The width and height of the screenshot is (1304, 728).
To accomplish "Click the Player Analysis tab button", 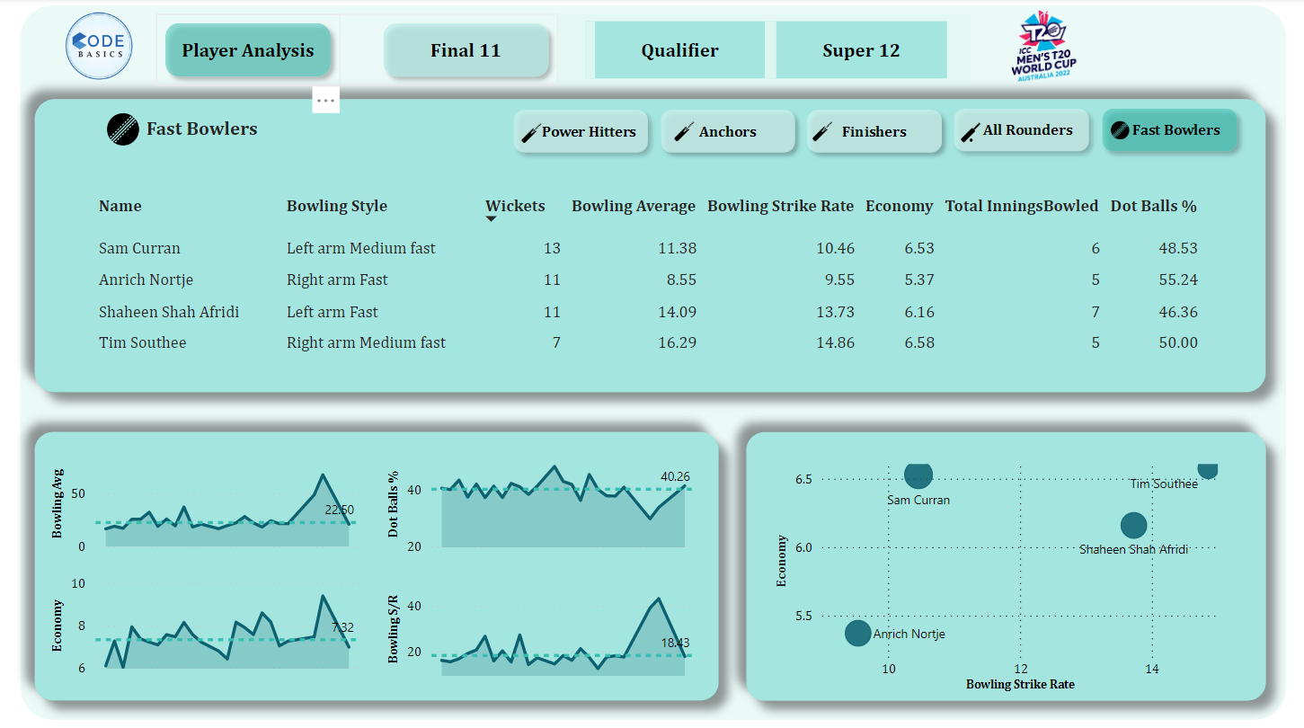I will tap(248, 50).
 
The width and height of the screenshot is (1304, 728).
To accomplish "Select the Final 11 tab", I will tap(466, 50).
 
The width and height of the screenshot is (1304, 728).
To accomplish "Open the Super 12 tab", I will tap(861, 50).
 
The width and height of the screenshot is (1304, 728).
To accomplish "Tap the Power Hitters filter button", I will tap(581, 132).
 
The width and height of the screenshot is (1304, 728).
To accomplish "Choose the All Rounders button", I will tap(1021, 130).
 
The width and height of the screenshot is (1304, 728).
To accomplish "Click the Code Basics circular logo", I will tap(100, 47).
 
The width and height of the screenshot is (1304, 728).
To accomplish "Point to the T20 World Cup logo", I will tap(1042, 48).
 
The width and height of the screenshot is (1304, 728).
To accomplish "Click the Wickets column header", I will tap(515, 206).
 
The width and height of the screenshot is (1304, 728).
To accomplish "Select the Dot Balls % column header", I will tap(1153, 206).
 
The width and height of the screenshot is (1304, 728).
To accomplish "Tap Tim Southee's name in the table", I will tap(142, 342).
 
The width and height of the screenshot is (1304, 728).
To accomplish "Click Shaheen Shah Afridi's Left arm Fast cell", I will tap(332, 312).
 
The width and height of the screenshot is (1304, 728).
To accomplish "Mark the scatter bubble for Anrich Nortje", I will tap(858, 634).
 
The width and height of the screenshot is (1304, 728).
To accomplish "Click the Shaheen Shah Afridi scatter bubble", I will tap(1134, 526).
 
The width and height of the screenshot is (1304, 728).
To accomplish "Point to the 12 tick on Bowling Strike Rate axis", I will tap(1020, 669).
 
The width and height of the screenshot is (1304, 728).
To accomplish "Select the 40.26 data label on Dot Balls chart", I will tap(675, 476).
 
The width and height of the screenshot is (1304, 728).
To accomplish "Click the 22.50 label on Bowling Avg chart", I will tap(340, 510).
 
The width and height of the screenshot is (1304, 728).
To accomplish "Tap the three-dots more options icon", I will tap(325, 101).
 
